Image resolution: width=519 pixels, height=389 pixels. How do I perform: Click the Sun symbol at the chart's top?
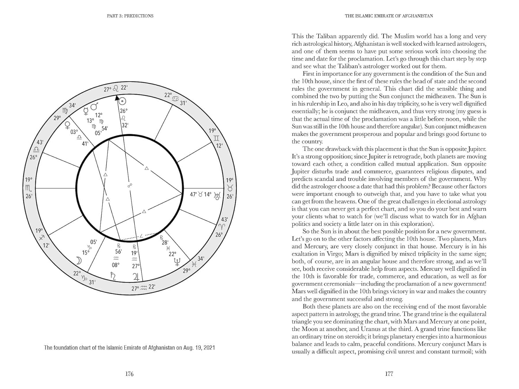(122, 101)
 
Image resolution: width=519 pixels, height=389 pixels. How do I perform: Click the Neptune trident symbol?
(177, 262)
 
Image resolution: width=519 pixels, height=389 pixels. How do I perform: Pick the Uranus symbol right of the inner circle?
(217, 196)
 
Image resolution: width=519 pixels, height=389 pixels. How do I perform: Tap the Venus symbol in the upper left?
(68, 124)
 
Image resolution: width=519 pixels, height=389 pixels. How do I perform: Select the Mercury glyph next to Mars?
(86, 111)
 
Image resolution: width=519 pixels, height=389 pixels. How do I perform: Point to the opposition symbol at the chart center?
(130, 186)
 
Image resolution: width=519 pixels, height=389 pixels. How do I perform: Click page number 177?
(389, 374)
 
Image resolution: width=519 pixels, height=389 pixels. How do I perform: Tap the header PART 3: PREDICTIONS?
(130, 16)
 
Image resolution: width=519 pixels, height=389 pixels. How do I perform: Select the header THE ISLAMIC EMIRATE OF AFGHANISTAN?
(389, 16)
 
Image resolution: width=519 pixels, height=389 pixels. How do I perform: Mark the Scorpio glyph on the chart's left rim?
(28, 188)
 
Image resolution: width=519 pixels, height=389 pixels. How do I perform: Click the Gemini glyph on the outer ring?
(217, 138)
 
